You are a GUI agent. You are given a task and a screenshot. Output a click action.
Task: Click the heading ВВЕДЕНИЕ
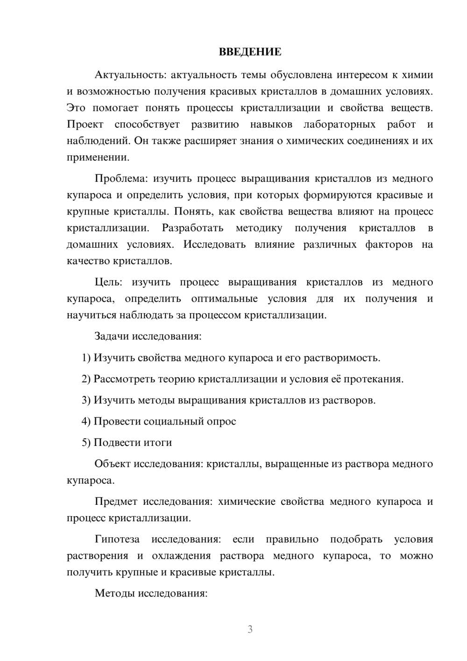click(x=250, y=52)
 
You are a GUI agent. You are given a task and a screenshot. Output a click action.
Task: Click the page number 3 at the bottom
click(x=250, y=629)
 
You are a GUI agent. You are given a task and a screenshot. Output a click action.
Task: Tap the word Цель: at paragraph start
click(x=108, y=282)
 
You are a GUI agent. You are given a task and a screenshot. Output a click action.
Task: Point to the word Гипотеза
click(x=117, y=539)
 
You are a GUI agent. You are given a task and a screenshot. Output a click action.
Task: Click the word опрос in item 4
click(x=221, y=422)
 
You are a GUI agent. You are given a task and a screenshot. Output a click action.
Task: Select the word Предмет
click(x=116, y=502)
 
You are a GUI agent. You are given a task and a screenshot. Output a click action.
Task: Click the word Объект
click(x=113, y=464)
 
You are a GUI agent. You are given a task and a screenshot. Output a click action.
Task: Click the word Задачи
click(x=112, y=337)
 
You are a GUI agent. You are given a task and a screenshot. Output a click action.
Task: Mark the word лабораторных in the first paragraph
click(x=340, y=125)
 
